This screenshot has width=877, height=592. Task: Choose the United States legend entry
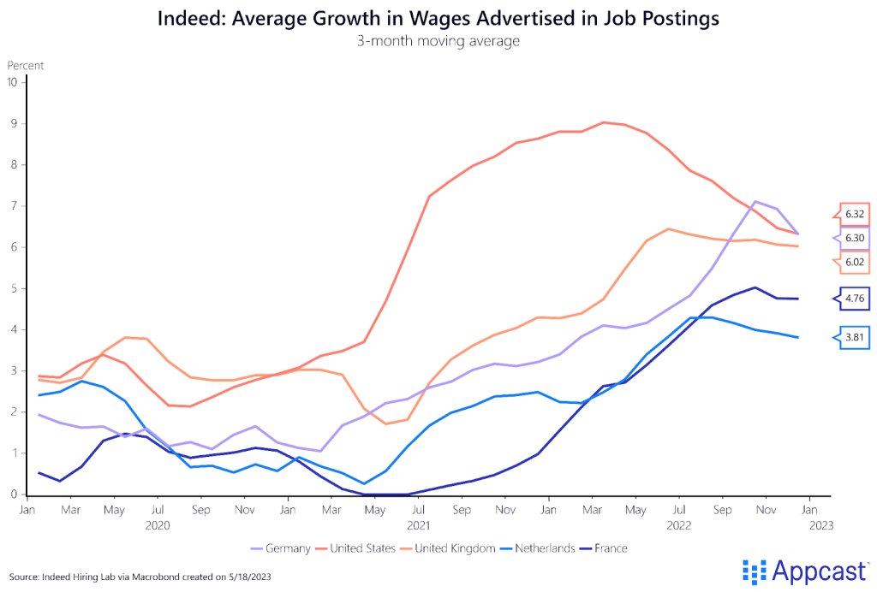(x=363, y=548)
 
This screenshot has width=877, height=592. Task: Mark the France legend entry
(x=623, y=548)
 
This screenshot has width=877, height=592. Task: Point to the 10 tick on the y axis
(x=12, y=82)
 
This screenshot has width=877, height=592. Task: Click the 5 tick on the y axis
(x=14, y=288)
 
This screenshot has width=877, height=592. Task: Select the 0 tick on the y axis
(x=14, y=494)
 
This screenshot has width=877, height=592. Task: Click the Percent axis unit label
(x=26, y=65)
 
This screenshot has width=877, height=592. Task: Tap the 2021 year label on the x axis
(x=419, y=525)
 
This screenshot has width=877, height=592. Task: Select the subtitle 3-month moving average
(x=438, y=40)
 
